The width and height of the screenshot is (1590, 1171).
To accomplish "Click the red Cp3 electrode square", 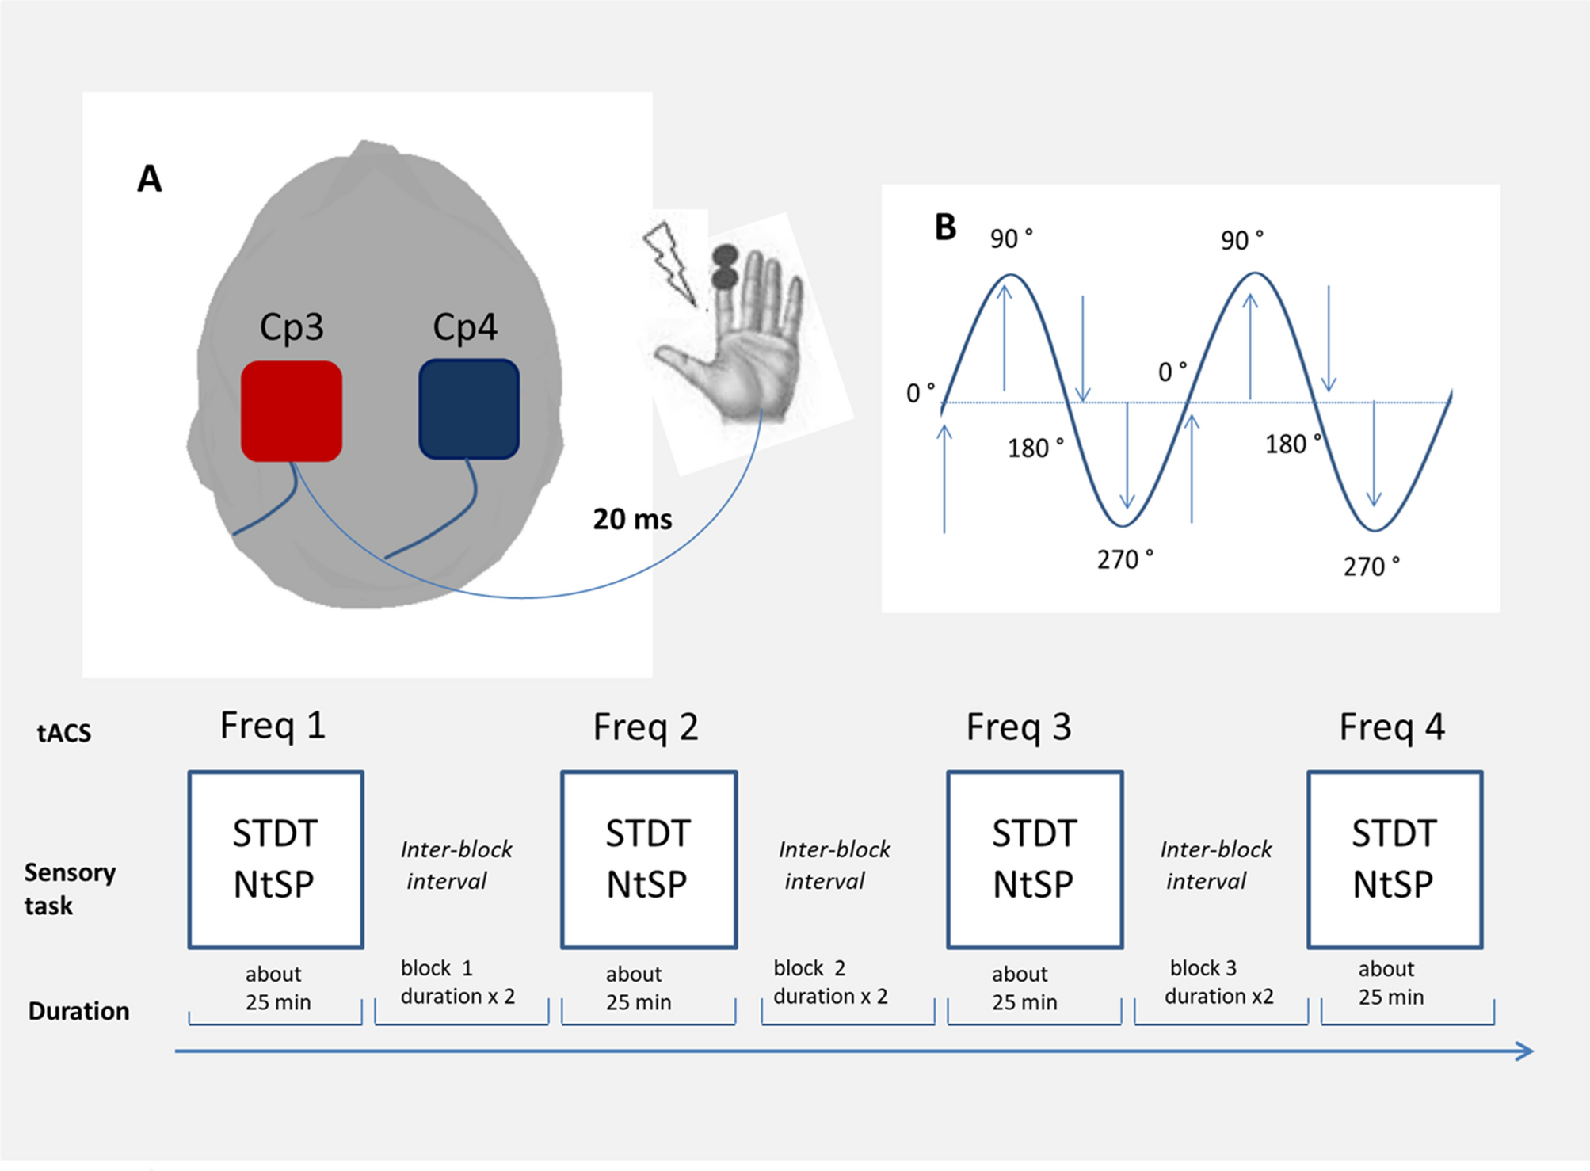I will point(292,410).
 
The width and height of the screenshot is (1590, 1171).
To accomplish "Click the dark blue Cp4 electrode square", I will point(469,409).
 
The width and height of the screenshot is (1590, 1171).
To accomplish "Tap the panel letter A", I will point(150,179).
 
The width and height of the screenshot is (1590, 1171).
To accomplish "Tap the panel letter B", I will point(945,227).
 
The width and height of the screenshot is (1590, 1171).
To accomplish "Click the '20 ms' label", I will point(632,520).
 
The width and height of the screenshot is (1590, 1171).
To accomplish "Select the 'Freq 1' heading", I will point(273,726).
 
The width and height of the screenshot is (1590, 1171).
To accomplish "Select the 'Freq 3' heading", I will point(1019,727).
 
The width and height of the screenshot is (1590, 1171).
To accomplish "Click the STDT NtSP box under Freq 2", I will point(649,860).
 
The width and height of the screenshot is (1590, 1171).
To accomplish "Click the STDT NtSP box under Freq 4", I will point(1394,860).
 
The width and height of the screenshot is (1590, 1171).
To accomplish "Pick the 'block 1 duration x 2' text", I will point(457,982).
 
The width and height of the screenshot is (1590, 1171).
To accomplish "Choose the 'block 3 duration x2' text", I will point(1218,982).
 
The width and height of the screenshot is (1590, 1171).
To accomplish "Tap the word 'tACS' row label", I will point(64,733).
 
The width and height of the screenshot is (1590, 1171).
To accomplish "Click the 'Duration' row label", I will point(78,1012).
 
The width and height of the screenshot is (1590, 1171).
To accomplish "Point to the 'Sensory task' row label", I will point(70,889).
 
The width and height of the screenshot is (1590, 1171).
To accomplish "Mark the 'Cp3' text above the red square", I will point(292,326).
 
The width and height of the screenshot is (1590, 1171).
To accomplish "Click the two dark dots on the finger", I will point(725,267).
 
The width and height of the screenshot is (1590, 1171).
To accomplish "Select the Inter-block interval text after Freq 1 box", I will point(456,865).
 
